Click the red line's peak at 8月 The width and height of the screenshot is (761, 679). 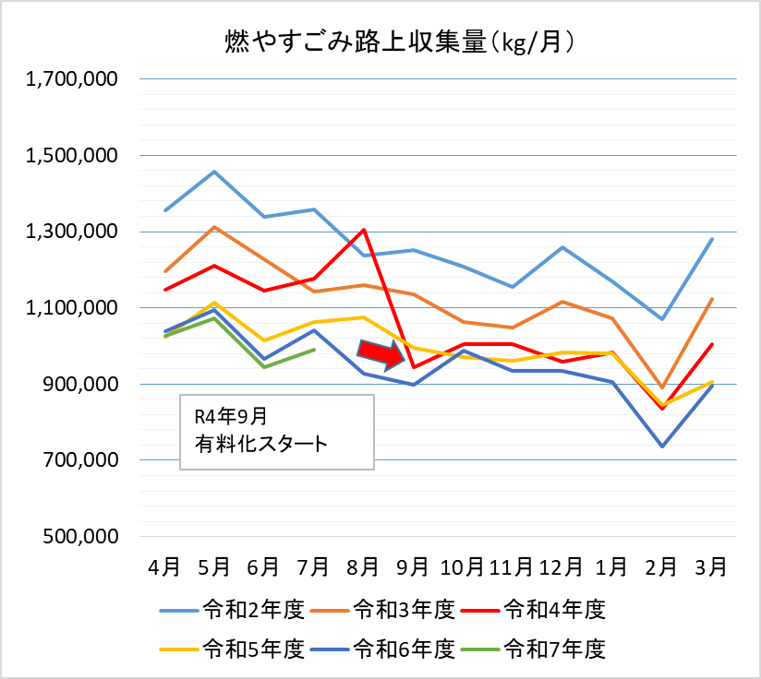(364, 230)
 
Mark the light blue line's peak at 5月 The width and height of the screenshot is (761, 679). (214, 172)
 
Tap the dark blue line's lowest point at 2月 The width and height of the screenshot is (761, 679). (662, 447)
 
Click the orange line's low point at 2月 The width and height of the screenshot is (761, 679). (662, 387)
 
